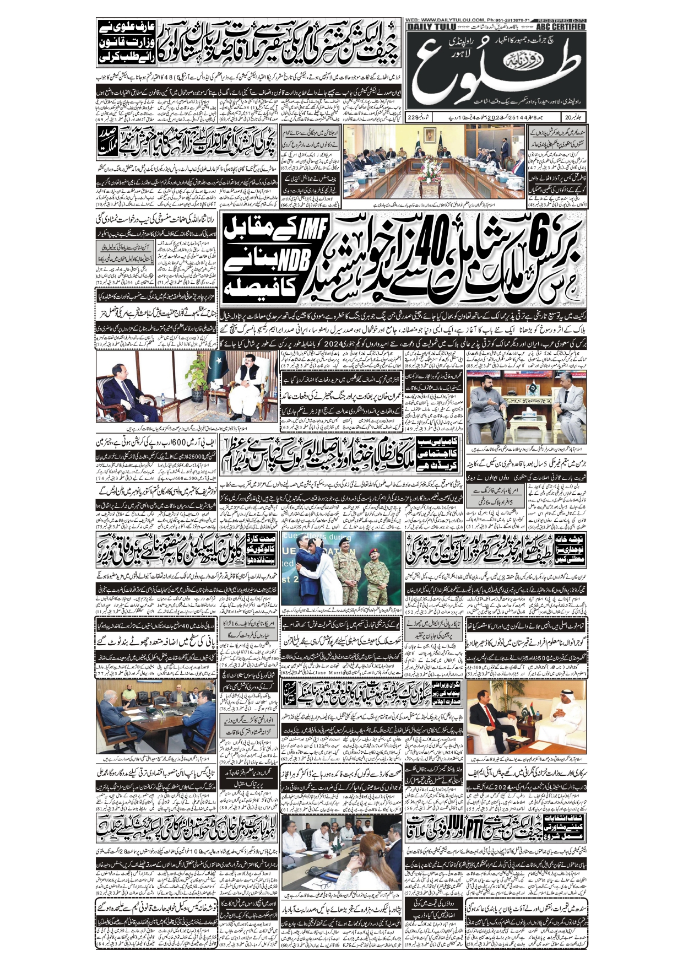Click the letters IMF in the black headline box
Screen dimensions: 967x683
[312, 231]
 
